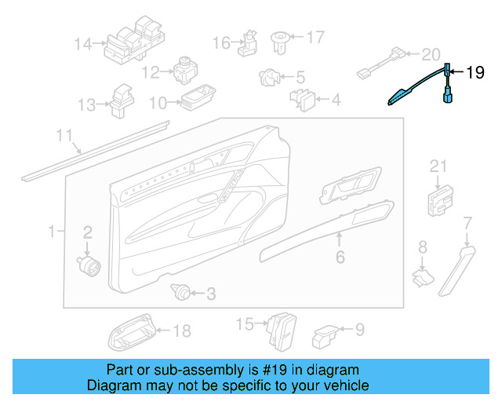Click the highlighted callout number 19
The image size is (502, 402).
click(475, 74)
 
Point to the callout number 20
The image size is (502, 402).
click(431, 54)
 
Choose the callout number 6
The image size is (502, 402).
click(340, 257)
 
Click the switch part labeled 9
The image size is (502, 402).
click(326, 335)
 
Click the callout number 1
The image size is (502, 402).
click(52, 232)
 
